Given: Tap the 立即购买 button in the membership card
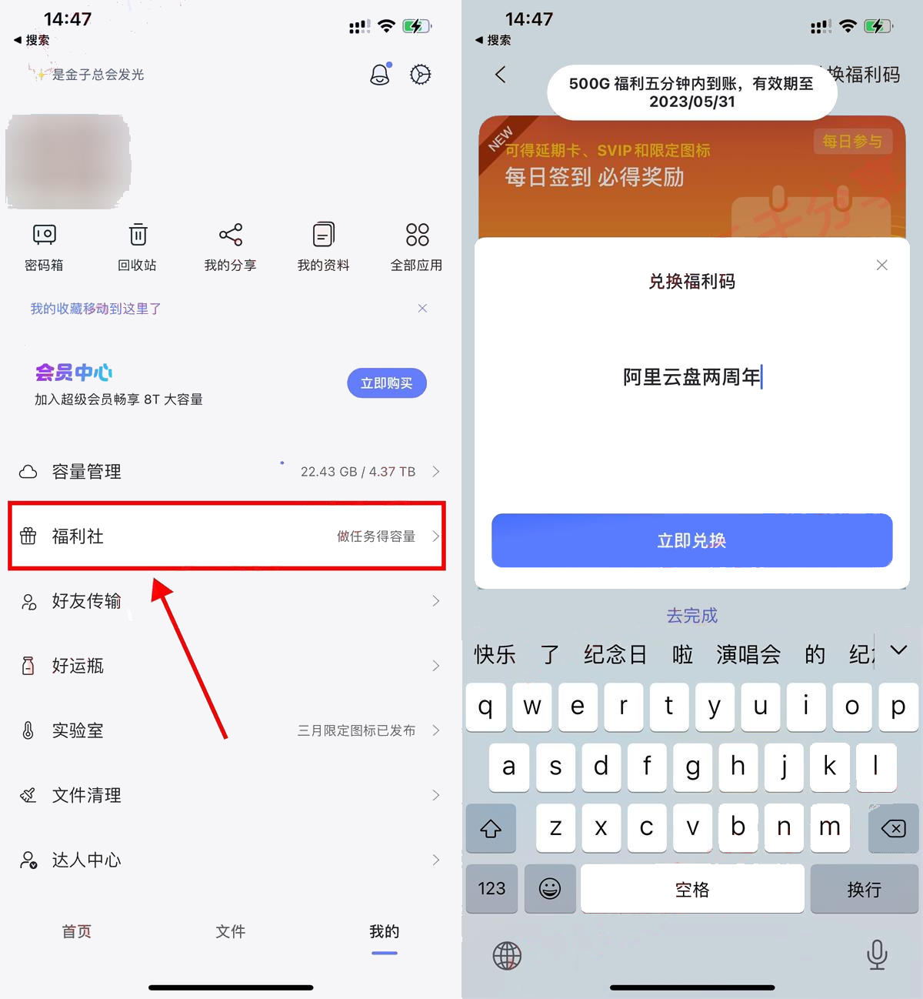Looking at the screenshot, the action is [387, 383].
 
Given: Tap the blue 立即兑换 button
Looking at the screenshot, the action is [691, 540].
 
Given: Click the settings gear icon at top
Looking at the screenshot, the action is [420, 75].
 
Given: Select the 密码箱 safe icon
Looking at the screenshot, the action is [45, 235].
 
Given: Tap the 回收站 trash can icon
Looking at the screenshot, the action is [138, 234].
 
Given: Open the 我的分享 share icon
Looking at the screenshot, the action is [231, 235].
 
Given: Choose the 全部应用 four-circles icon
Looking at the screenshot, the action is [417, 235].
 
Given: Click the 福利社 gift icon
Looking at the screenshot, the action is [28, 536].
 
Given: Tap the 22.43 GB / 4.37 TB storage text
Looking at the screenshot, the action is [358, 472].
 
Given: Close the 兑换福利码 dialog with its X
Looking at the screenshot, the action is [881, 265].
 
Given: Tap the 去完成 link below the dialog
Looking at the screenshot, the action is [691, 616].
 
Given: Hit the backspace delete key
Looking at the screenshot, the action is [893, 828].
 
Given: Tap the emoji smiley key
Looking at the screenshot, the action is [550, 888].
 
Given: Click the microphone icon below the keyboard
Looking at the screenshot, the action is [878, 954].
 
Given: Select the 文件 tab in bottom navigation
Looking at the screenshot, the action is [231, 931].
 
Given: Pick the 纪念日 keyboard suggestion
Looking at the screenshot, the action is [615, 654].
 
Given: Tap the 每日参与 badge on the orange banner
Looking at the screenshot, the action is [852, 142].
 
